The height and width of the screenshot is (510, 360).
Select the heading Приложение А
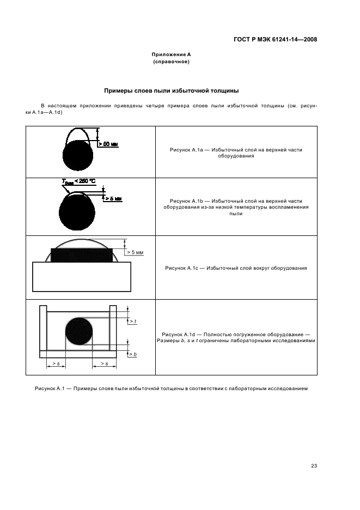coord(171,55)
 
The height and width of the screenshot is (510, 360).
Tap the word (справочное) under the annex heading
coord(171,62)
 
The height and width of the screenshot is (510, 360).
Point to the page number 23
coord(314,465)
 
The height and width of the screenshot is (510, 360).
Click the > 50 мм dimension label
coord(107,144)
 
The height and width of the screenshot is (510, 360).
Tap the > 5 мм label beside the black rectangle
coord(134,252)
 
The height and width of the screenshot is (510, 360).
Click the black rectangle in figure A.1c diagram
coord(82,254)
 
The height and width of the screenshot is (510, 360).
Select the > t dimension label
coord(132,321)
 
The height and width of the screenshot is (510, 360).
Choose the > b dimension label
coord(132,354)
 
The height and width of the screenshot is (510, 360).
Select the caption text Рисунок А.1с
coord(182,268)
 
